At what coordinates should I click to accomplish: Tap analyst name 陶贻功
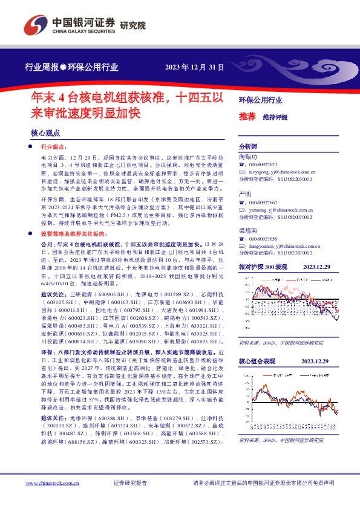248,156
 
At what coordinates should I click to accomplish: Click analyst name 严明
245,194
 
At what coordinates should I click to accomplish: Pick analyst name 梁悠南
248,230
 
